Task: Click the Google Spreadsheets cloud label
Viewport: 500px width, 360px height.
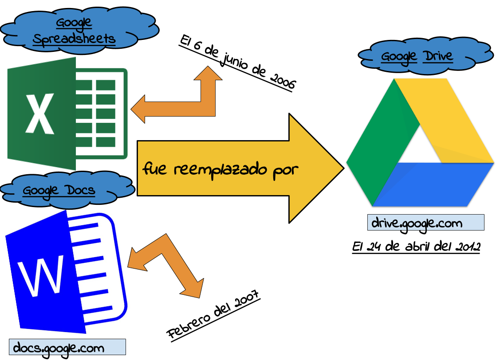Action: click(x=74, y=31)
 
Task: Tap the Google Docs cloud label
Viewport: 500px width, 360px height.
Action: click(x=59, y=190)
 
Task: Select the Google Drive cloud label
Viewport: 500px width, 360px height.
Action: click(x=417, y=56)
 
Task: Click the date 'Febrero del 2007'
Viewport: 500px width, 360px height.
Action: click(x=213, y=315)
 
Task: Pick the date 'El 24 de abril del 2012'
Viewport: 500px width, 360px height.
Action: click(x=416, y=247)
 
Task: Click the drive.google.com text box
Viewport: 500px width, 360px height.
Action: click(x=425, y=223)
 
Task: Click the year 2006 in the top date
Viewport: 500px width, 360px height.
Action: click(x=282, y=81)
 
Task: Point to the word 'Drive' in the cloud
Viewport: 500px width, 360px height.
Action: click(x=437, y=56)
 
